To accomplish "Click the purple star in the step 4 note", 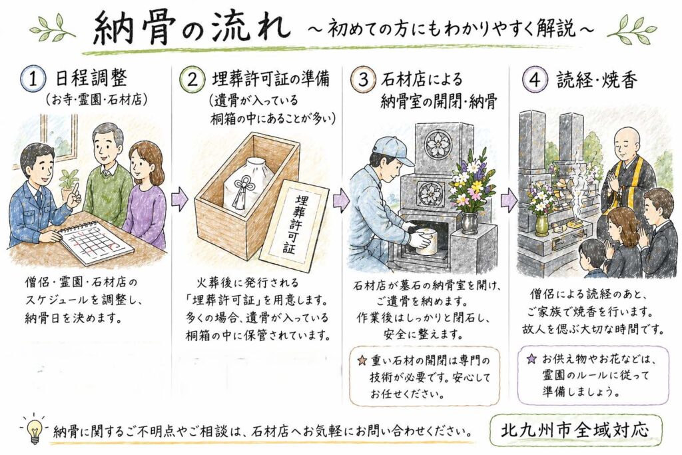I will (531, 359).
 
